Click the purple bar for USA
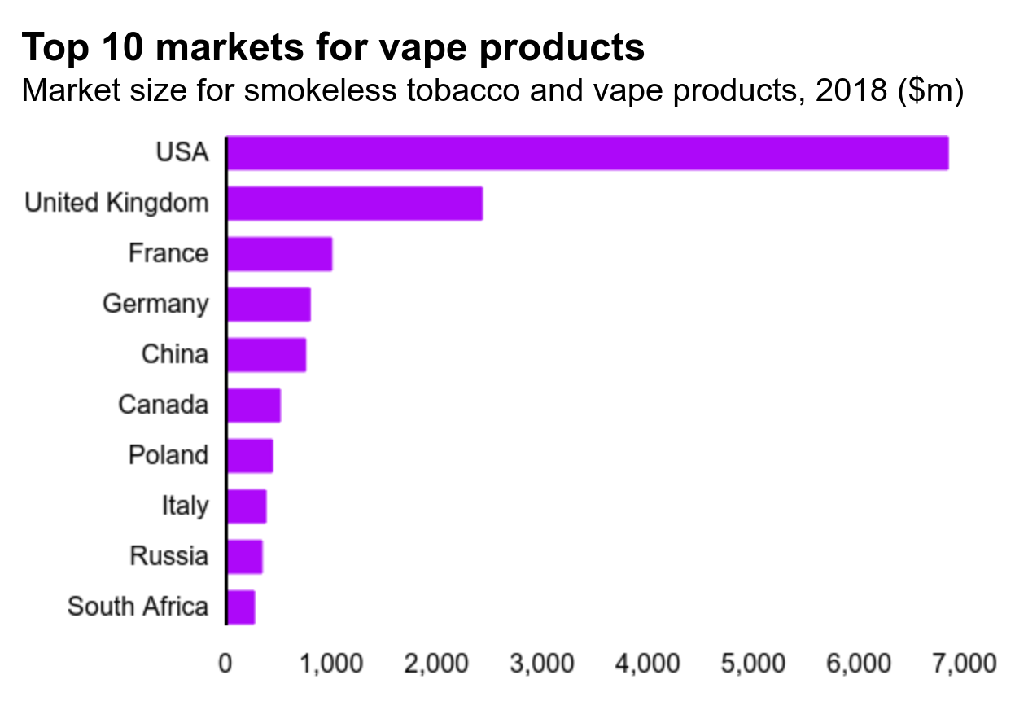(587, 153)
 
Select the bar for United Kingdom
(354, 204)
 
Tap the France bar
(279, 254)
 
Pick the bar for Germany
(268, 305)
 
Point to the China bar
(266, 355)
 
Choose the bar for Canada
(253, 405)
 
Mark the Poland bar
(250, 456)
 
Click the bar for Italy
(247, 506)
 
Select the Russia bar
(244, 557)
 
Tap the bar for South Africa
(241, 607)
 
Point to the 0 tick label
(225, 664)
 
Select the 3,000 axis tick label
(540, 664)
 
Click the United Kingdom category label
(116, 203)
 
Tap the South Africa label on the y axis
(138, 607)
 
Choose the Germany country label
(155, 305)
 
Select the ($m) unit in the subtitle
(931, 91)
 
